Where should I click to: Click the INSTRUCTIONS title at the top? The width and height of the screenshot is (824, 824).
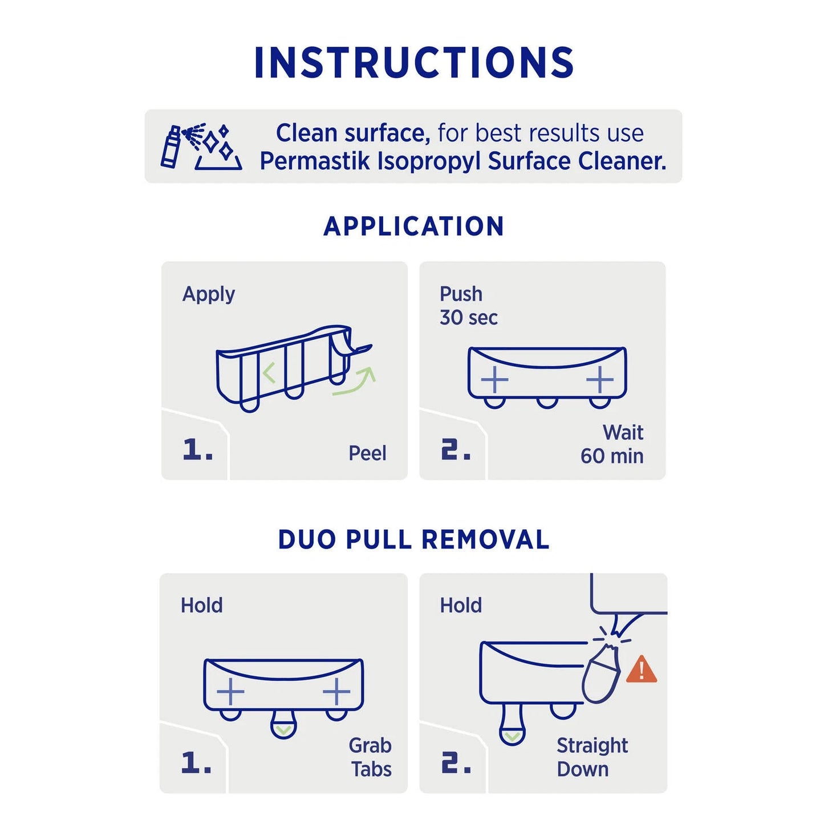(x=413, y=62)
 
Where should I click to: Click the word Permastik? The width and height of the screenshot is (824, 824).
(x=315, y=161)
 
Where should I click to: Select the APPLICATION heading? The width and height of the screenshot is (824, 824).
(x=413, y=226)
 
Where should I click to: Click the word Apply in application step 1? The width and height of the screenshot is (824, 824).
(x=208, y=294)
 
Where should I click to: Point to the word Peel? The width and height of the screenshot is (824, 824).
(x=367, y=453)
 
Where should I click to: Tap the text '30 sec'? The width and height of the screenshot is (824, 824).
(x=469, y=318)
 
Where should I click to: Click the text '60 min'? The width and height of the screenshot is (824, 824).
(x=612, y=456)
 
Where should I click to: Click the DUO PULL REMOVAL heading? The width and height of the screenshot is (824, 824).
(x=413, y=539)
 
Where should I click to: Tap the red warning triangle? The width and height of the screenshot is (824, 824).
(x=642, y=669)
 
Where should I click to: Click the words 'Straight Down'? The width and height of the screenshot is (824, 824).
(x=592, y=757)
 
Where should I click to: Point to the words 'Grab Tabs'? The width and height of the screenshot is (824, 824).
(x=371, y=757)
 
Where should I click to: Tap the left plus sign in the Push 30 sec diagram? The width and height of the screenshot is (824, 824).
(x=494, y=379)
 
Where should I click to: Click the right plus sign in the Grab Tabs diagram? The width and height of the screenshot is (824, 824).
(x=336, y=692)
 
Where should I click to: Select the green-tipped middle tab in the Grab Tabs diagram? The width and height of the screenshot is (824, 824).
(x=283, y=724)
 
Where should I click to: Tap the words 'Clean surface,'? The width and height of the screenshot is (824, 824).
(x=353, y=133)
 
